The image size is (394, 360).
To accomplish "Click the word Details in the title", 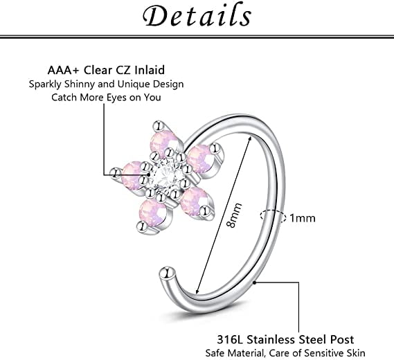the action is click(197, 15).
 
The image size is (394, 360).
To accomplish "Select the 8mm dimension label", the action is click(234, 215).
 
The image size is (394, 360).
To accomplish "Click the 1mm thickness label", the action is click(303, 218).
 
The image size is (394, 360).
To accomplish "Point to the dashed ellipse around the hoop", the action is click(273, 216).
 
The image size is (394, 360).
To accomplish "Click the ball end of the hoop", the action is click(167, 273).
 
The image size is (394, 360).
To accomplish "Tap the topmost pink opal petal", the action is click(164, 143).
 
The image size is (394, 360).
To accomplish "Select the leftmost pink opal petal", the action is click(133, 173).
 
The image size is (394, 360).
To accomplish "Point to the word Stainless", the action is click(271, 340).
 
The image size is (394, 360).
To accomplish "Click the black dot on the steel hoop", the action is click(255, 282).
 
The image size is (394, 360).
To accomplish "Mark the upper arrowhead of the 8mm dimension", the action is click(250, 139).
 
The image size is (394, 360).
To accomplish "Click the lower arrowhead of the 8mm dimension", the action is click(197, 291).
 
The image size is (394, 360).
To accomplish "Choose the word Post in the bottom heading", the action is click(342, 340).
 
